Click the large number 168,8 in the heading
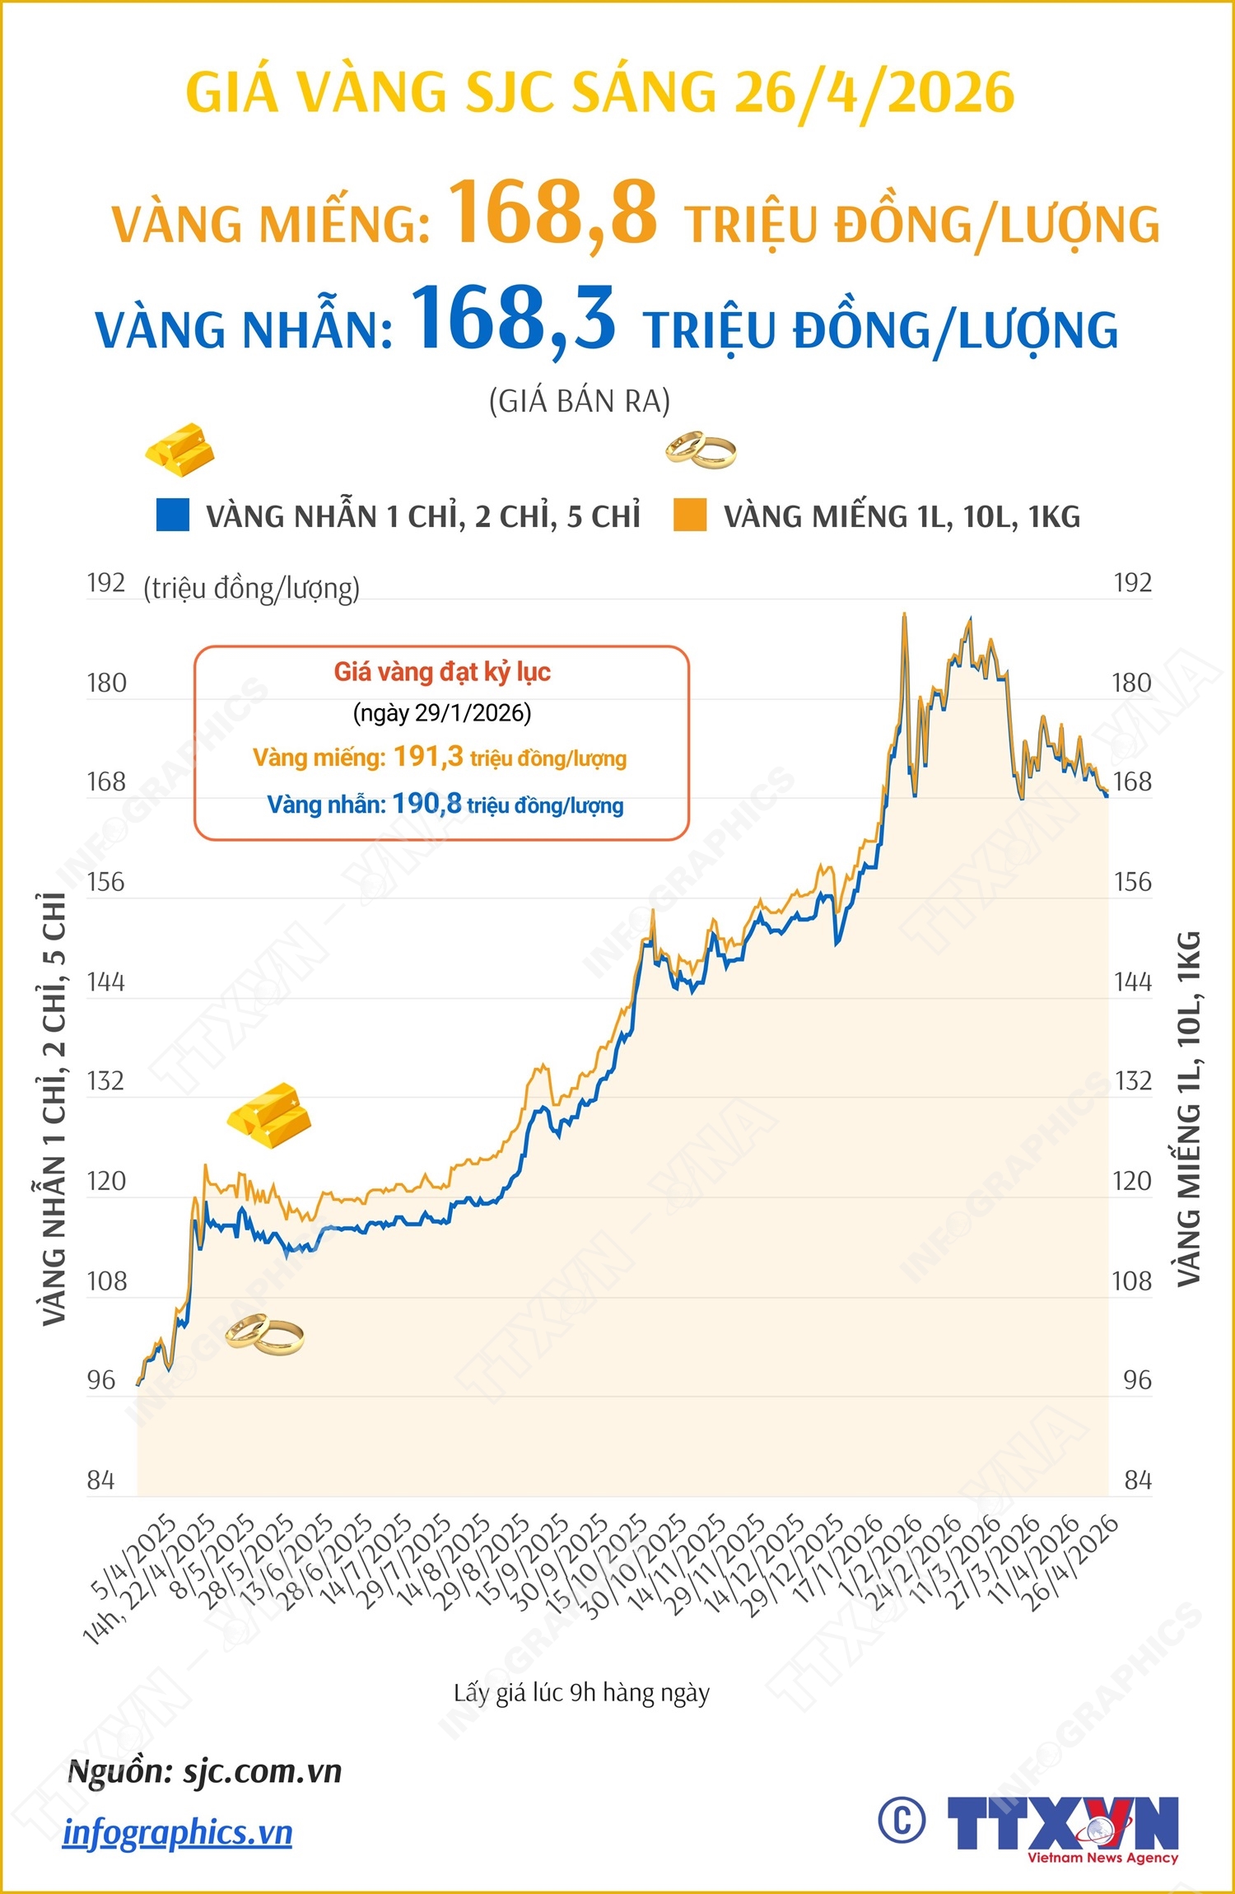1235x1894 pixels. tap(552, 213)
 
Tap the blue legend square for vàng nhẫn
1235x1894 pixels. tap(173, 515)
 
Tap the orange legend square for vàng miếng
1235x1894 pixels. tap(690, 515)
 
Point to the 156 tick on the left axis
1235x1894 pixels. tap(105, 882)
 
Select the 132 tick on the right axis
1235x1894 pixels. tap(1132, 1080)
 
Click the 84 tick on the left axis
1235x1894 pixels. tap(100, 1481)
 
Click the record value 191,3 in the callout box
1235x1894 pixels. tap(428, 756)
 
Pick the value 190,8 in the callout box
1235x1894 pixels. tap(426, 803)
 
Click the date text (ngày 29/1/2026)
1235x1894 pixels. tap(442, 712)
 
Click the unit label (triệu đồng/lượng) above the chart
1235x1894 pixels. tap(251, 589)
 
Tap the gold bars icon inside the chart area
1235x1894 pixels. tap(269, 1116)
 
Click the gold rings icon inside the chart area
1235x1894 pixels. tap(264, 1334)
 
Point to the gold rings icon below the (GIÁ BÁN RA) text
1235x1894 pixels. tap(701, 450)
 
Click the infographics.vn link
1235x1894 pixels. tap(178, 1833)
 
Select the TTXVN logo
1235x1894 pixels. tap(1062, 1826)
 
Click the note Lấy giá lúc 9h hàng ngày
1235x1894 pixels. tap(581, 1693)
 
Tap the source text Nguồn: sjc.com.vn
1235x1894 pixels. tap(205, 1770)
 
